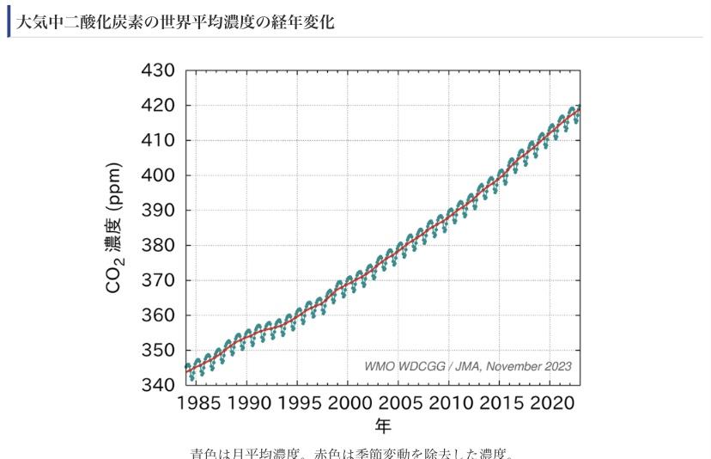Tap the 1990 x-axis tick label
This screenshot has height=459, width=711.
click(246, 403)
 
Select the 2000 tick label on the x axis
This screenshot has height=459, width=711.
click(348, 403)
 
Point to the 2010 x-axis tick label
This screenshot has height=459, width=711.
click(450, 403)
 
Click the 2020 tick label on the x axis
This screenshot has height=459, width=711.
click(551, 403)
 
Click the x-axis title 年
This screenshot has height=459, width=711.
click(383, 427)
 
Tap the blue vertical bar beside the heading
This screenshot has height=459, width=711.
click(9, 21)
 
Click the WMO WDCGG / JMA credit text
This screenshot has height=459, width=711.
click(467, 366)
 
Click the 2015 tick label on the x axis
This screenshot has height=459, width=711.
click(501, 403)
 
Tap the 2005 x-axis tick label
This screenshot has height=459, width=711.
click(399, 403)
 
